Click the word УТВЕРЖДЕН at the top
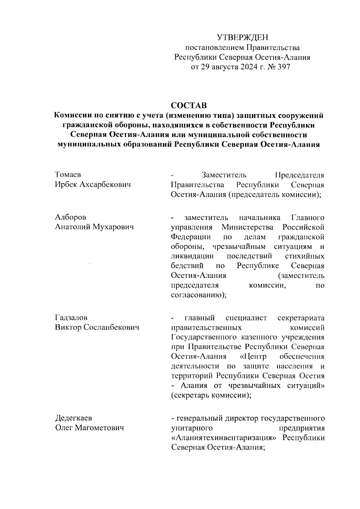point(242,38)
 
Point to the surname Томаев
point(68,175)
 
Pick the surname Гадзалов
point(71,318)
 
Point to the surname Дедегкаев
point(73,418)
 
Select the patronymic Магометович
point(99,428)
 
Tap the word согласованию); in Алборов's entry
point(198,295)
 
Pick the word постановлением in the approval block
point(214,47)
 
